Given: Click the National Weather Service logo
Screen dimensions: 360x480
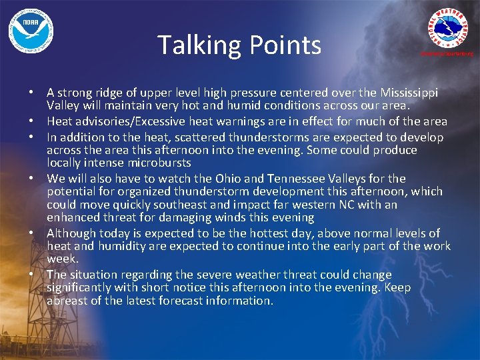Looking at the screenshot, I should click(451, 29).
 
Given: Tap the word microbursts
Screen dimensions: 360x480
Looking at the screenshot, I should click(157, 163).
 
